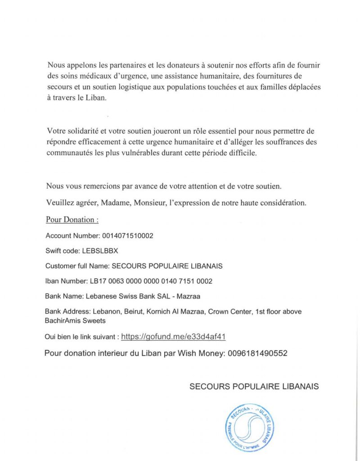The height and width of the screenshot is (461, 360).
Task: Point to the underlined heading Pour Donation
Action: (x=72, y=220)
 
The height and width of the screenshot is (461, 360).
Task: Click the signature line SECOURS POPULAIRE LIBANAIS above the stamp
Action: (x=254, y=387)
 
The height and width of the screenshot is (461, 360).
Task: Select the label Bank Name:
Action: (x=63, y=297)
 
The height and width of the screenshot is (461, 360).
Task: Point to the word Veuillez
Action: (x=60, y=203)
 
